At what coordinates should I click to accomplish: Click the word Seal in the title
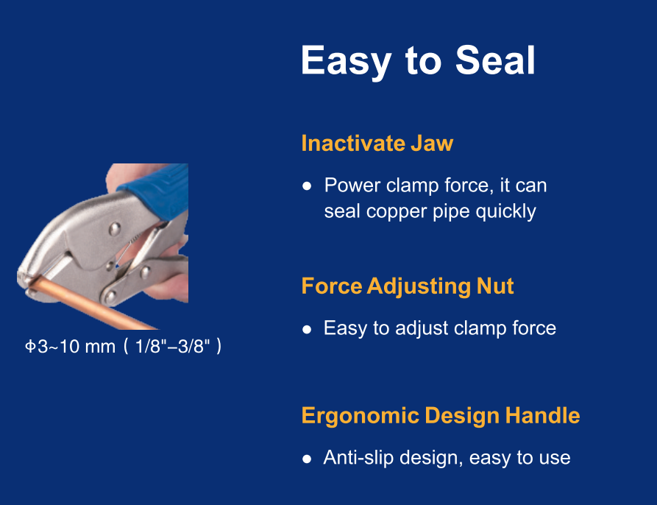495,60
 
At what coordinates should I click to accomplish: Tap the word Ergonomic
361,416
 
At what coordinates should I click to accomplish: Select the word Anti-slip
358,458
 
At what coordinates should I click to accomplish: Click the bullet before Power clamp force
307,186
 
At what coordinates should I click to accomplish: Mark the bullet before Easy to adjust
307,329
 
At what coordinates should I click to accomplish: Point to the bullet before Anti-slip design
307,459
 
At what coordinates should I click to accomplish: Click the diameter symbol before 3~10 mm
30,347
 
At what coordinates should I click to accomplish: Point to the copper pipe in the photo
92,304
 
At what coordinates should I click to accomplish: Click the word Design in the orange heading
463,416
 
